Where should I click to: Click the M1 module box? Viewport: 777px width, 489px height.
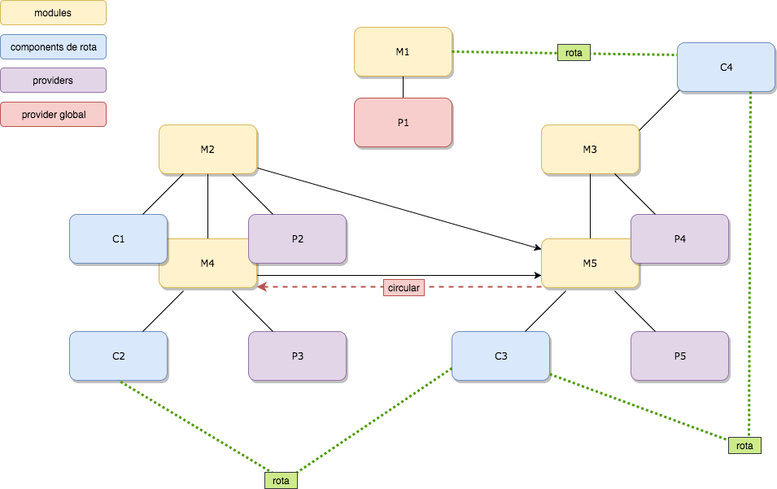[x=403, y=51]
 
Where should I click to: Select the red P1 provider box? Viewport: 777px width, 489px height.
[x=403, y=122]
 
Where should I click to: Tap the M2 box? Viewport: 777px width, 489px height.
[x=207, y=149]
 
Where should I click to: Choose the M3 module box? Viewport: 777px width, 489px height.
[x=590, y=149]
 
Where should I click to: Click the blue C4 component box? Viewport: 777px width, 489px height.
[x=726, y=67]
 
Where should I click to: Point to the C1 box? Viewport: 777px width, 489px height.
[x=118, y=238]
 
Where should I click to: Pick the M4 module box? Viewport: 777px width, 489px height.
[x=207, y=273]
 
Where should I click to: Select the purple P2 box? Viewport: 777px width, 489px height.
[x=297, y=238]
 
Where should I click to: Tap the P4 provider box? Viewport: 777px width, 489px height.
[x=679, y=238]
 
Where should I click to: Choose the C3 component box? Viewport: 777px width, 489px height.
[x=500, y=356]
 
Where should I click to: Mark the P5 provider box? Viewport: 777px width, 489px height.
[x=679, y=356]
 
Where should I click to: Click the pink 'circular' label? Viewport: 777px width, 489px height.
[x=404, y=287]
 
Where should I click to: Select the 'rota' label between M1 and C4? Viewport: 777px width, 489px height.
[x=574, y=52]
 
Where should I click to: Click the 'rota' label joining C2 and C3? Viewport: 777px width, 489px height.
[x=281, y=480]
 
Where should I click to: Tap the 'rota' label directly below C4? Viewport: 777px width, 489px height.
[x=744, y=445]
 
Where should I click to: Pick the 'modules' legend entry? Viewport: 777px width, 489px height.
[x=53, y=12]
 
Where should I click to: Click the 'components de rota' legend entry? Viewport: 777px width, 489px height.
[x=53, y=47]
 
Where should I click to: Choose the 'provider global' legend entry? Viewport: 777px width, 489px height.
[x=53, y=115]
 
